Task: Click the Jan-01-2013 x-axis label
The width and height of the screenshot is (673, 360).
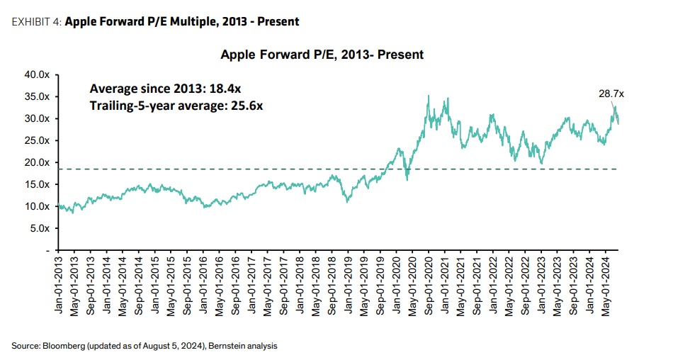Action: [x=60, y=280]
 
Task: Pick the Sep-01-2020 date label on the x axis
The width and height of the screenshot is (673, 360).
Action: [x=428, y=280]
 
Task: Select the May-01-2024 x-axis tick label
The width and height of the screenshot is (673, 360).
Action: [x=606, y=280]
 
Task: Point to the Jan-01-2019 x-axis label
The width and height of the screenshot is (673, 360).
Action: [x=348, y=280]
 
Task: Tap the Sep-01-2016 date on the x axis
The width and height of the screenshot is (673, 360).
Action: [x=236, y=280]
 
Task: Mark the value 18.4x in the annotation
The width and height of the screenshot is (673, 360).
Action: [x=228, y=89]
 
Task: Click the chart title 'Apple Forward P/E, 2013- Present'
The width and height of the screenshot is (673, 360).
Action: [x=322, y=55]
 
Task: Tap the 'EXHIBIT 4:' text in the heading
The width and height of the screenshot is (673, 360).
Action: [x=35, y=22]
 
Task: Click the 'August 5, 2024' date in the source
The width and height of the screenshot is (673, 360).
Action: [x=172, y=346]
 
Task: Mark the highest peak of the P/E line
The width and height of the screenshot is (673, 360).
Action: [x=429, y=96]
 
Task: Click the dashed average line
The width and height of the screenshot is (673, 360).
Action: [x=213, y=169]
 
